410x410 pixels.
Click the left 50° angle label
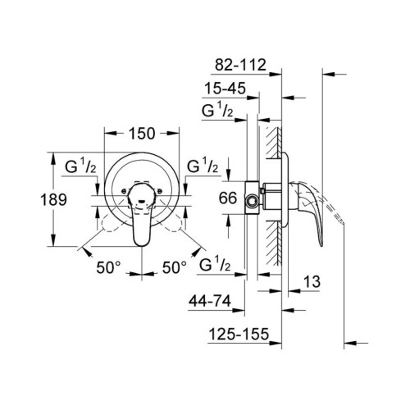coord(109,267)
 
